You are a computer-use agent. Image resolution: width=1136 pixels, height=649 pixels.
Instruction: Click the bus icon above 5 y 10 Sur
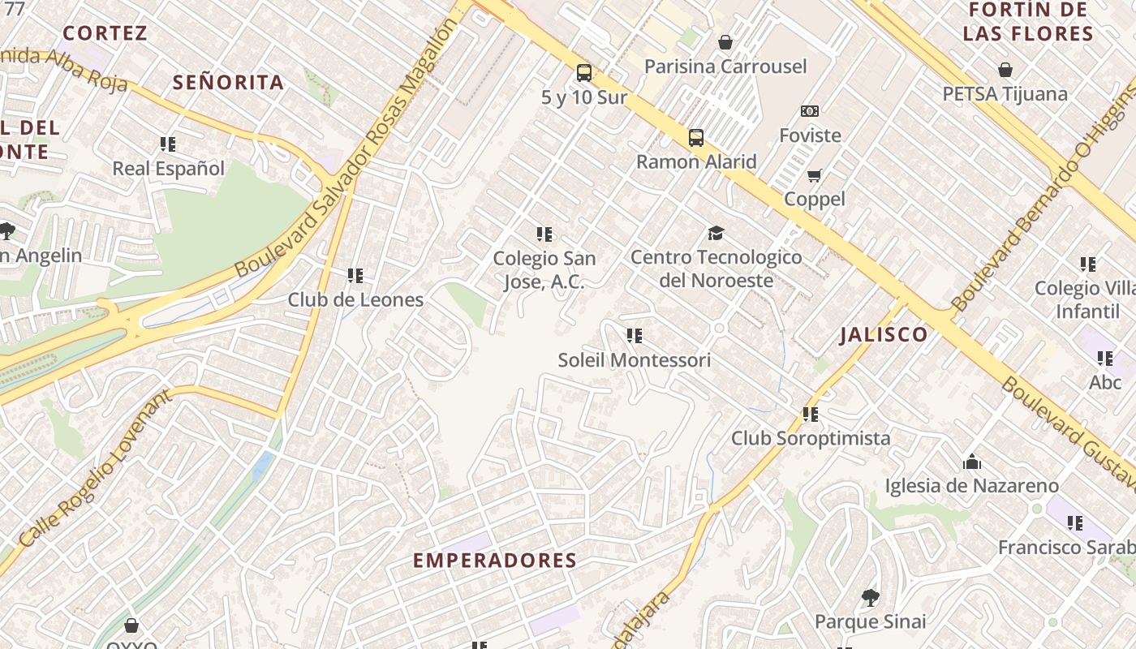[583, 73]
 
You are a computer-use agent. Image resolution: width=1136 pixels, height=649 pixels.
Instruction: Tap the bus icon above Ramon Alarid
[695, 138]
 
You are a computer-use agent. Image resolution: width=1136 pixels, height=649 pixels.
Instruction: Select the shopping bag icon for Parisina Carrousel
[725, 42]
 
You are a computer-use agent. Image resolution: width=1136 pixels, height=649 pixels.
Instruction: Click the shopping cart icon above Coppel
[814, 175]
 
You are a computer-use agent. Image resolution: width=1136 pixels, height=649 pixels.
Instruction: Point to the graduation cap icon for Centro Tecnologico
[715, 234]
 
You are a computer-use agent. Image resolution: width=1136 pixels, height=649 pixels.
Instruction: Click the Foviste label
[810, 135]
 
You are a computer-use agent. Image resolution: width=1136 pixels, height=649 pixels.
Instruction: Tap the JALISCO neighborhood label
[884, 334]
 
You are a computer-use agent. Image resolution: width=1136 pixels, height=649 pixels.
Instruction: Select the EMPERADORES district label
[495, 561]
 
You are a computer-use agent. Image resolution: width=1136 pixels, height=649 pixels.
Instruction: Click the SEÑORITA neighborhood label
[228, 83]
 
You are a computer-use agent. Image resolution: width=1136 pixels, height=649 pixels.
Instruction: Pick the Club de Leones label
[355, 299]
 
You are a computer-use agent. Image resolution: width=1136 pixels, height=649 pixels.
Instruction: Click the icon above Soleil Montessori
[635, 336]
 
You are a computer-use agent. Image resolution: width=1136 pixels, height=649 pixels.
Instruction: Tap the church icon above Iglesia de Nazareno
[971, 462]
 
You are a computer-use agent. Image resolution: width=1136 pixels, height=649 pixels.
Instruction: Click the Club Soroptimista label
[811, 438]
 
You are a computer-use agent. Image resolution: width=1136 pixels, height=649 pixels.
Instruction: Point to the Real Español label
[168, 169]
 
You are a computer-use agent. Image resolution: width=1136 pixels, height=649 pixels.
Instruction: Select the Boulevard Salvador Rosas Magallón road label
[347, 148]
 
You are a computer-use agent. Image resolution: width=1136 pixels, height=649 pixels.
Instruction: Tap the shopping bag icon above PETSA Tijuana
[1005, 71]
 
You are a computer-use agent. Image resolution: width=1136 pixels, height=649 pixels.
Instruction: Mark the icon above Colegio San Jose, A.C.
[544, 235]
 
